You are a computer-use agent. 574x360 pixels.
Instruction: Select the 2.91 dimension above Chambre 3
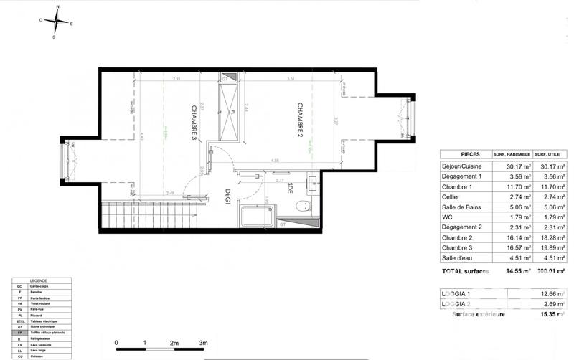177,78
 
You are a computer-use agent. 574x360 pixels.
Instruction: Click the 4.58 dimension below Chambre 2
275,161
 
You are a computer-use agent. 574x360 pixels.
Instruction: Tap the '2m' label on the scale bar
174,343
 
